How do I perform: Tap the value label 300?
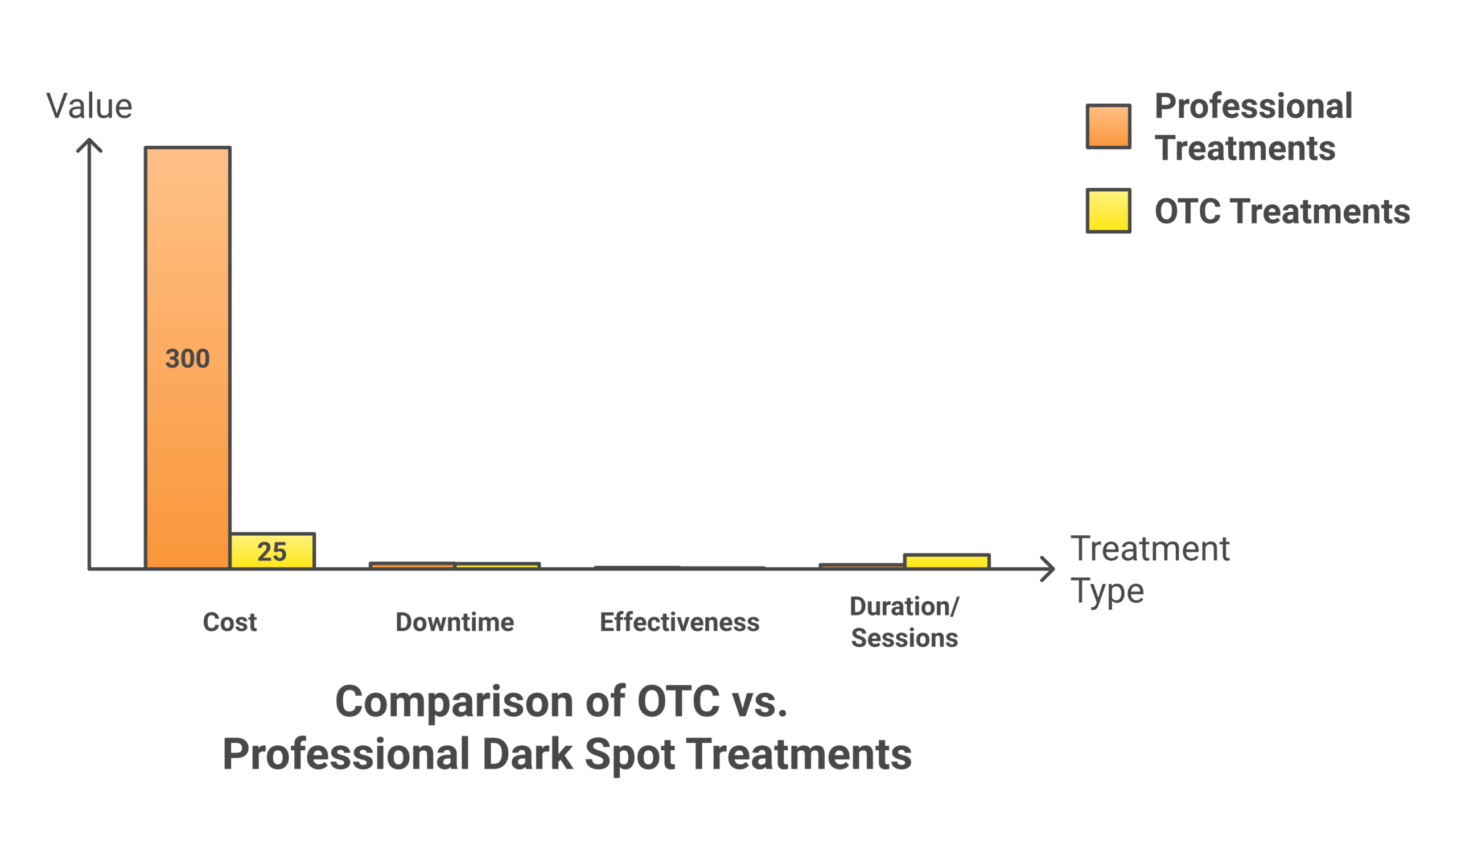click(x=187, y=359)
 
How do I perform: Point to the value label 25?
click(x=272, y=552)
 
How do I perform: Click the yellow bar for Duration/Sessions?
click(x=946, y=562)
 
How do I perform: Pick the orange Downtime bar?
click(x=413, y=565)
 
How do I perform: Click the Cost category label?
click(x=229, y=622)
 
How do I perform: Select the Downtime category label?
click(x=454, y=622)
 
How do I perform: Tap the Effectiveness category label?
click(x=680, y=622)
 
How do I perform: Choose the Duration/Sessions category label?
click(x=904, y=622)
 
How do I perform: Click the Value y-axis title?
click(x=89, y=106)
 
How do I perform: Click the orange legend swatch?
click(x=1108, y=126)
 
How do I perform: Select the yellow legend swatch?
click(x=1108, y=211)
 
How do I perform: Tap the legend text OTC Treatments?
click(x=1282, y=212)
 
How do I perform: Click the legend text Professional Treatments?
click(x=1253, y=127)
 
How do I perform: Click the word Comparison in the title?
click(x=454, y=701)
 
